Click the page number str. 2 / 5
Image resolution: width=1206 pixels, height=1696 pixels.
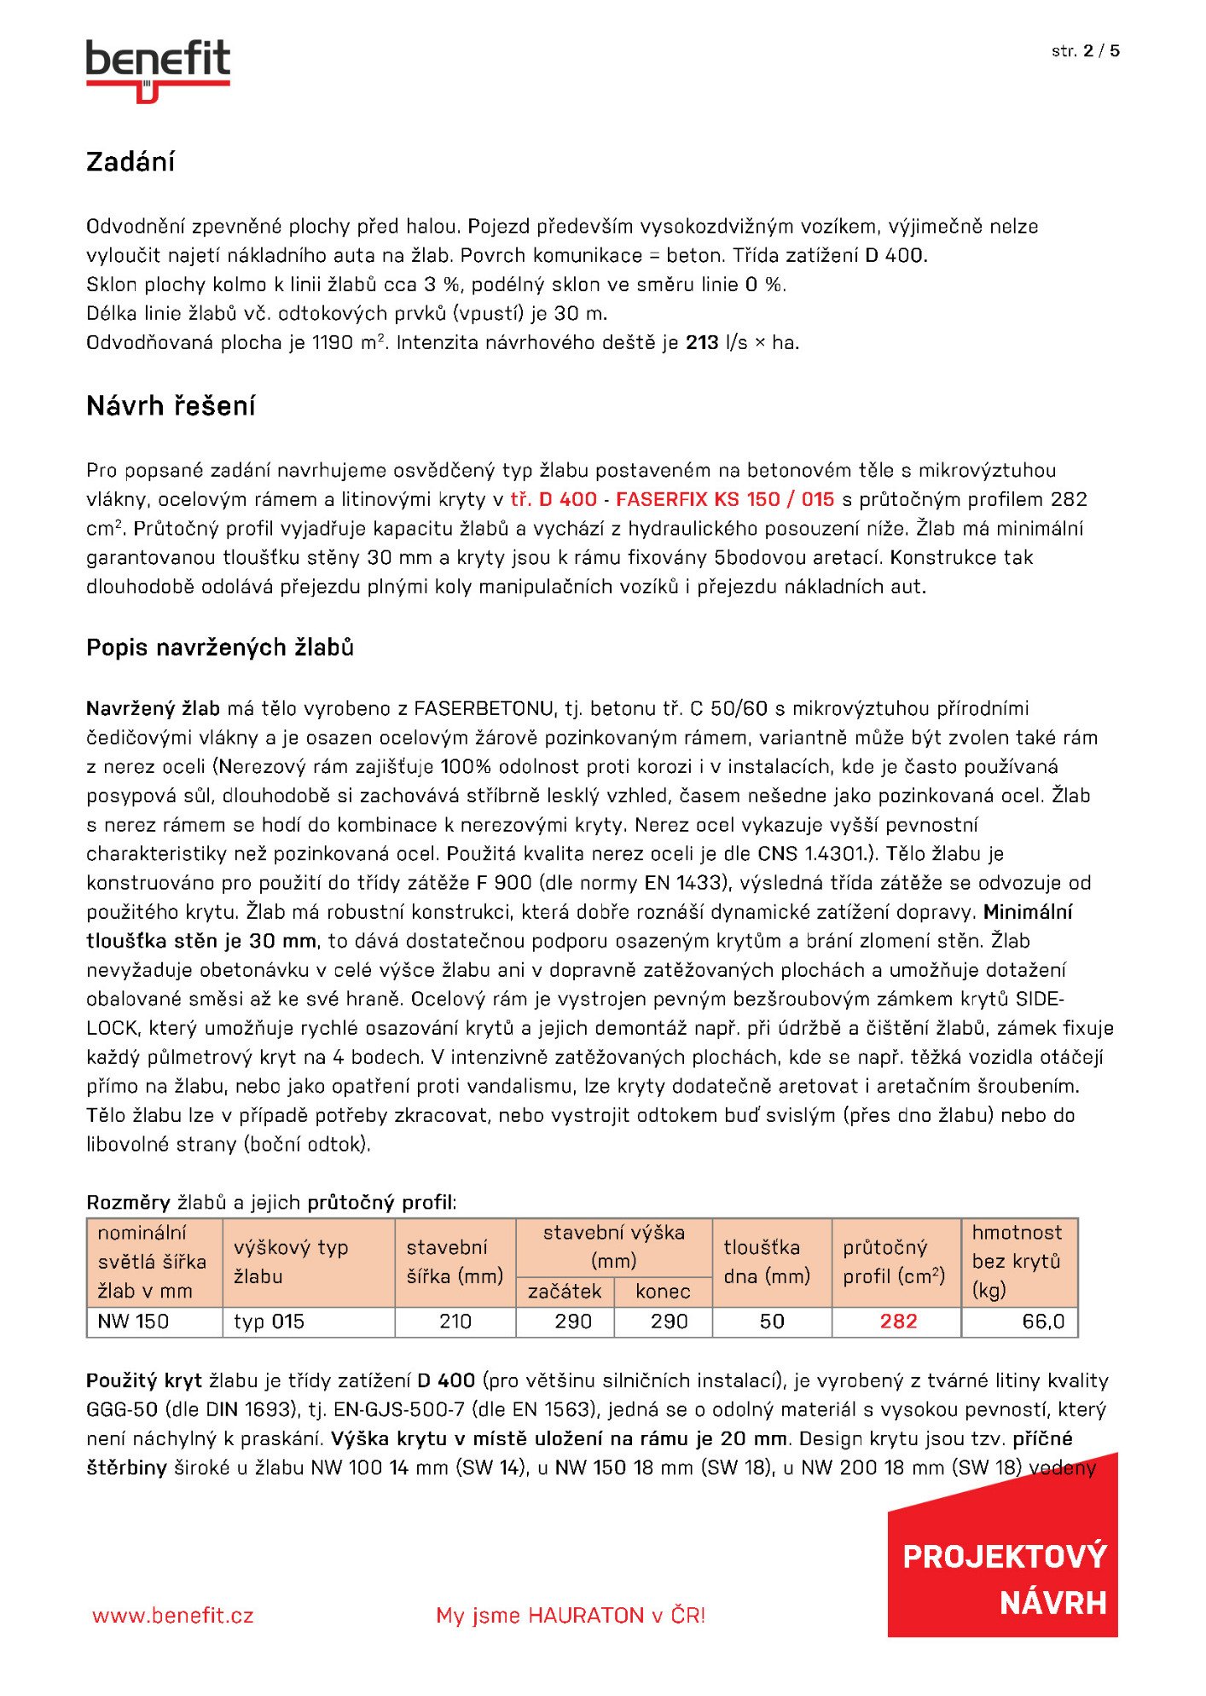pos(1085,51)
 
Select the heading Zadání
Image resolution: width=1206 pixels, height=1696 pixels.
pos(130,162)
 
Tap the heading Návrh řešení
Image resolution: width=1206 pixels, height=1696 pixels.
pos(171,406)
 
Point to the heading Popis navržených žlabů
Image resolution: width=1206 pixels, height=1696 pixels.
pos(220,648)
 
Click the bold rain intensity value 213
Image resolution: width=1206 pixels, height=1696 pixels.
pos(702,343)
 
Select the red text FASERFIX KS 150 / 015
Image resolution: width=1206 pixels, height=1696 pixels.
pos(724,500)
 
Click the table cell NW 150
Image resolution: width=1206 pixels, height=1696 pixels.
pos(134,1321)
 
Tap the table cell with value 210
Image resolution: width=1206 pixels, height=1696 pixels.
pos(455,1321)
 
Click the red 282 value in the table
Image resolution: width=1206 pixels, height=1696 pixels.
pos(898,1321)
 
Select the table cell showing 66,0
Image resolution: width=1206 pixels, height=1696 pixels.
pos(1043,1321)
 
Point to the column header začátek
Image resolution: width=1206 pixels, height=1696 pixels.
pos(565,1292)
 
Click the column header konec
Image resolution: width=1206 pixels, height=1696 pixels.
pos(663,1292)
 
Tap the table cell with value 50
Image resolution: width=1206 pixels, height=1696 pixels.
pos(772,1321)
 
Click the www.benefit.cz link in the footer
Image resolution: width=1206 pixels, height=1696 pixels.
pos(173,1616)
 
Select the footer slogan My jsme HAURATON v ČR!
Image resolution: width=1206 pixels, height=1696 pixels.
pos(571,1616)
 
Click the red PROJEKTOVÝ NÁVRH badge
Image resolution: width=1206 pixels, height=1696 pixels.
pos(1005,1580)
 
